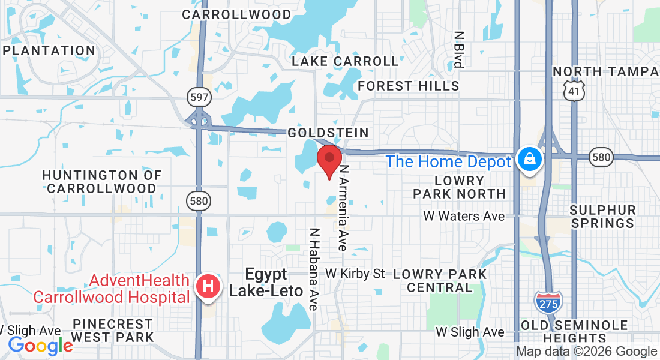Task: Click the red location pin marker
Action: [329, 160]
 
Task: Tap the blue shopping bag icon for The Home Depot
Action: [531, 160]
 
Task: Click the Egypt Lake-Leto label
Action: [266, 283]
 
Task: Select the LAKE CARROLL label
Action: [345, 61]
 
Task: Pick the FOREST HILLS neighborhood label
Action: [409, 86]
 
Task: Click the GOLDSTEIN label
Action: [328, 132]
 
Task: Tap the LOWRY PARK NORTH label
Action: [460, 187]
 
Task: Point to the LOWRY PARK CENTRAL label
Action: [440, 280]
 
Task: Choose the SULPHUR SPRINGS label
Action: [602, 217]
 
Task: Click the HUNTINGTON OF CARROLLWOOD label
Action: [102, 181]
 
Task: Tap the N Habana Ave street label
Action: [313, 269]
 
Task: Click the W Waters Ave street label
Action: [464, 216]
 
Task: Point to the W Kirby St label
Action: [355, 274]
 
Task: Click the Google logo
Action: [40, 345]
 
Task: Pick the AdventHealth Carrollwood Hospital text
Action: [111, 289]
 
